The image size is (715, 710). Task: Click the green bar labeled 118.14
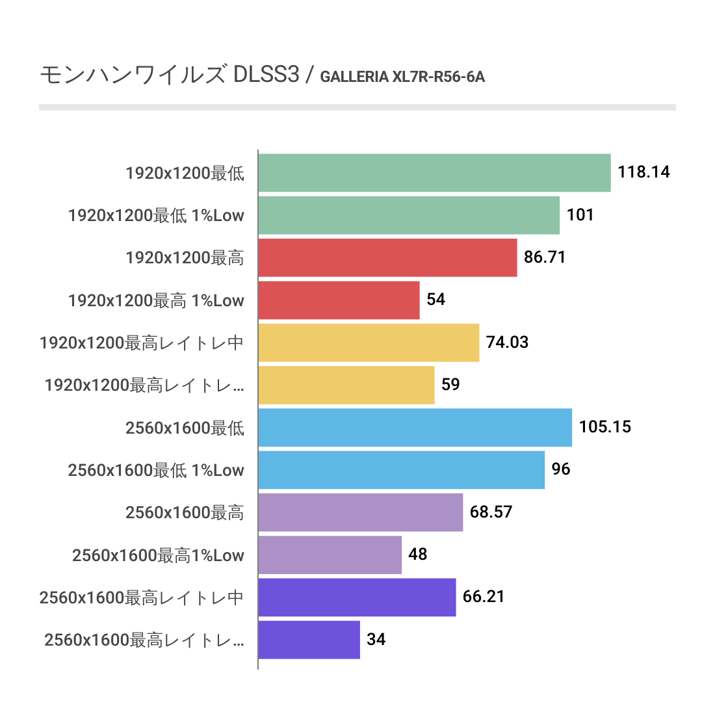pos(434,173)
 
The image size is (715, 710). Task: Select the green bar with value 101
pos(409,215)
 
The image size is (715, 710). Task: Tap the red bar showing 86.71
pos(387,257)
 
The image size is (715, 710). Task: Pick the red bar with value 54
pos(339,300)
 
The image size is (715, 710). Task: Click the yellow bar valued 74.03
pos(369,343)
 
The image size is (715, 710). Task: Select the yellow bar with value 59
pos(346,385)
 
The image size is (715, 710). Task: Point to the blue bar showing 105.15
pos(415,427)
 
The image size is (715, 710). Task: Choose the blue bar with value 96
pos(401,469)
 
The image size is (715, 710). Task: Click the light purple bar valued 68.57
pos(360,512)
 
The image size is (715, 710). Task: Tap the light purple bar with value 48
pos(330,555)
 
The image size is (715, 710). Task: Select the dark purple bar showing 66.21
pos(357,597)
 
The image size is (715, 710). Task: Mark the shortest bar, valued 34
pos(309,640)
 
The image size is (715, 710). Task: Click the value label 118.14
pos(643,172)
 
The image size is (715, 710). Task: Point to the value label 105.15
pos(605,427)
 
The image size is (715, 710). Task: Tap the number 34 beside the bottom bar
pos(376,640)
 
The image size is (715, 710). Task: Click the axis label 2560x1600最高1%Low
pos(158,555)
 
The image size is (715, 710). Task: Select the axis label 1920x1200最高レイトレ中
pos(142,343)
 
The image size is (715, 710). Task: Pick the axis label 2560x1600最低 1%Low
pos(156,470)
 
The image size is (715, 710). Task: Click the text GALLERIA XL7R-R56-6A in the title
pos(403,77)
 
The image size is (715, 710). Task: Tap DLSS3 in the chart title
pos(265,75)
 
